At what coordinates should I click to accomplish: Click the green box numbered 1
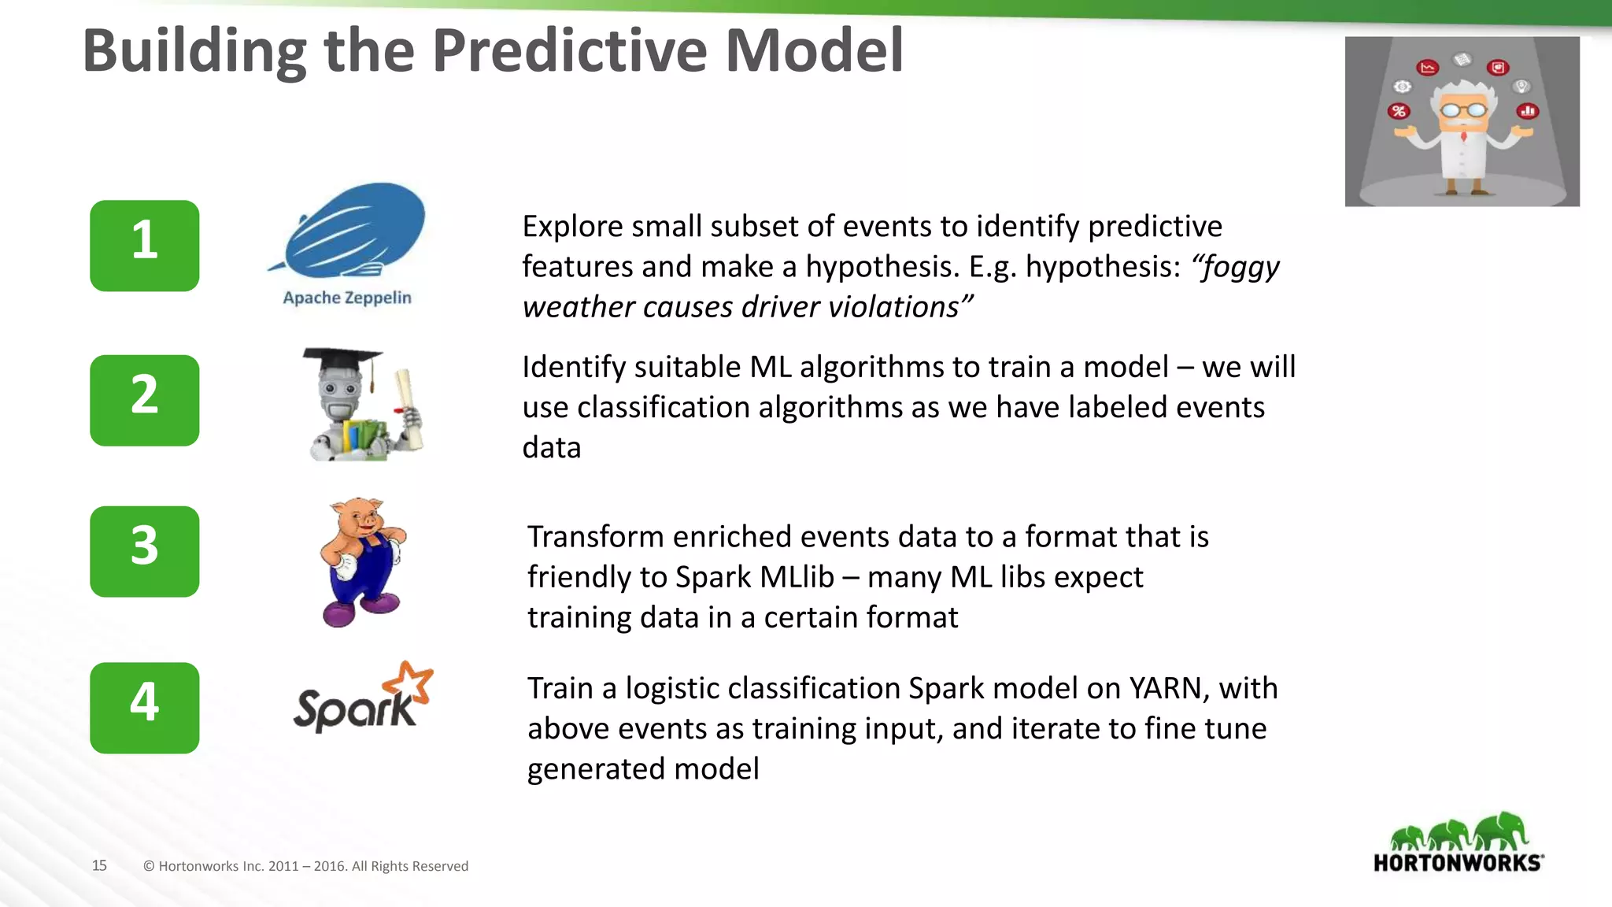(x=144, y=246)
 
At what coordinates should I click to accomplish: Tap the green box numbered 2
(x=144, y=400)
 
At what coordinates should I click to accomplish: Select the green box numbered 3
(x=144, y=551)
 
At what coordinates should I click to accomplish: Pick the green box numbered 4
(x=144, y=707)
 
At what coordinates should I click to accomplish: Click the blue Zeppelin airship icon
(x=354, y=228)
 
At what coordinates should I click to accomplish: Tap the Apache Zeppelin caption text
(x=347, y=298)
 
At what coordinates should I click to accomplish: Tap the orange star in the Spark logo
(x=412, y=682)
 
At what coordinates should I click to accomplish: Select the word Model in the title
(x=814, y=50)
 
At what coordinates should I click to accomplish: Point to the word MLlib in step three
(x=797, y=577)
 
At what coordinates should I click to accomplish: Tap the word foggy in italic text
(x=1237, y=267)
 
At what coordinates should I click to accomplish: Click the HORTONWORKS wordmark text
(x=1458, y=863)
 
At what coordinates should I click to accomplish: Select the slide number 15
(x=99, y=865)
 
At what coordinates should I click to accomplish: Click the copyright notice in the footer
(x=305, y=866)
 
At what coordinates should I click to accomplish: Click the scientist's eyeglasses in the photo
(x=1462, y=111)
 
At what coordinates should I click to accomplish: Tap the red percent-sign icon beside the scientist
(x=1399, y=111)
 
